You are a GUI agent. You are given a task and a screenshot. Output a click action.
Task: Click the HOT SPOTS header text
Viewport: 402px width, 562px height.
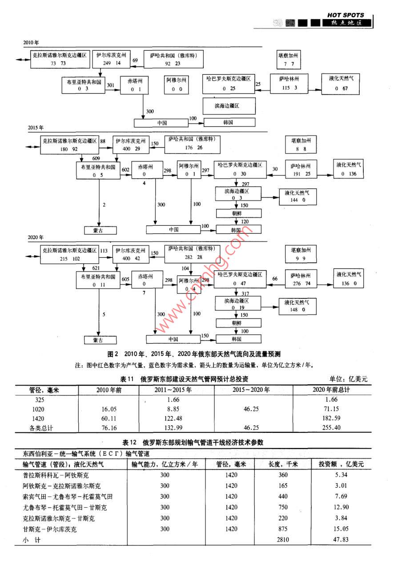coord(346,15)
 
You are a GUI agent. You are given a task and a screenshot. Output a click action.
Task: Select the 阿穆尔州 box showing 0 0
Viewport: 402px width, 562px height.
coord(177,84)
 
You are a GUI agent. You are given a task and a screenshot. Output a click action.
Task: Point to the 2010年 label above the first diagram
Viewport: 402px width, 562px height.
coord(31,43)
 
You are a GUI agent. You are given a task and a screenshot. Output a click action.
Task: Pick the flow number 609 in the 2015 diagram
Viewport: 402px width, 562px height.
coord(96,159)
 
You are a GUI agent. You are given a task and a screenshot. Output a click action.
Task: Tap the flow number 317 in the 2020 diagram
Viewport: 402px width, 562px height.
coord(245,293)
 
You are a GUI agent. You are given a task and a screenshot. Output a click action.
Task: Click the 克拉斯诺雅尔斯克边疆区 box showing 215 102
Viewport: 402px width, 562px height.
coord(70,254)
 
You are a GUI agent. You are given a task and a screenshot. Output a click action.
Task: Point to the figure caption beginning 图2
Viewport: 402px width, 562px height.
coord(194,354)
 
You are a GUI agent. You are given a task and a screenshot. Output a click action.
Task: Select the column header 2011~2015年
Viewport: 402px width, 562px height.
coord(176,390)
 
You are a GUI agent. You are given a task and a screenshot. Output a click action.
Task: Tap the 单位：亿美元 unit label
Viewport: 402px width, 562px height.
coord(349,379)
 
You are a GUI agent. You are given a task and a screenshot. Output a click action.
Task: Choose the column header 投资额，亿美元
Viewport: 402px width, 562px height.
coord(341,464)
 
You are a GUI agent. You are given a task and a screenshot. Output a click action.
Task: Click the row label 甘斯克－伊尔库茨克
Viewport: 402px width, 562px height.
coord(50,529)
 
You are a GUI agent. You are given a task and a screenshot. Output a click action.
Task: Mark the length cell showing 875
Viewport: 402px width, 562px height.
coord(283,529)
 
